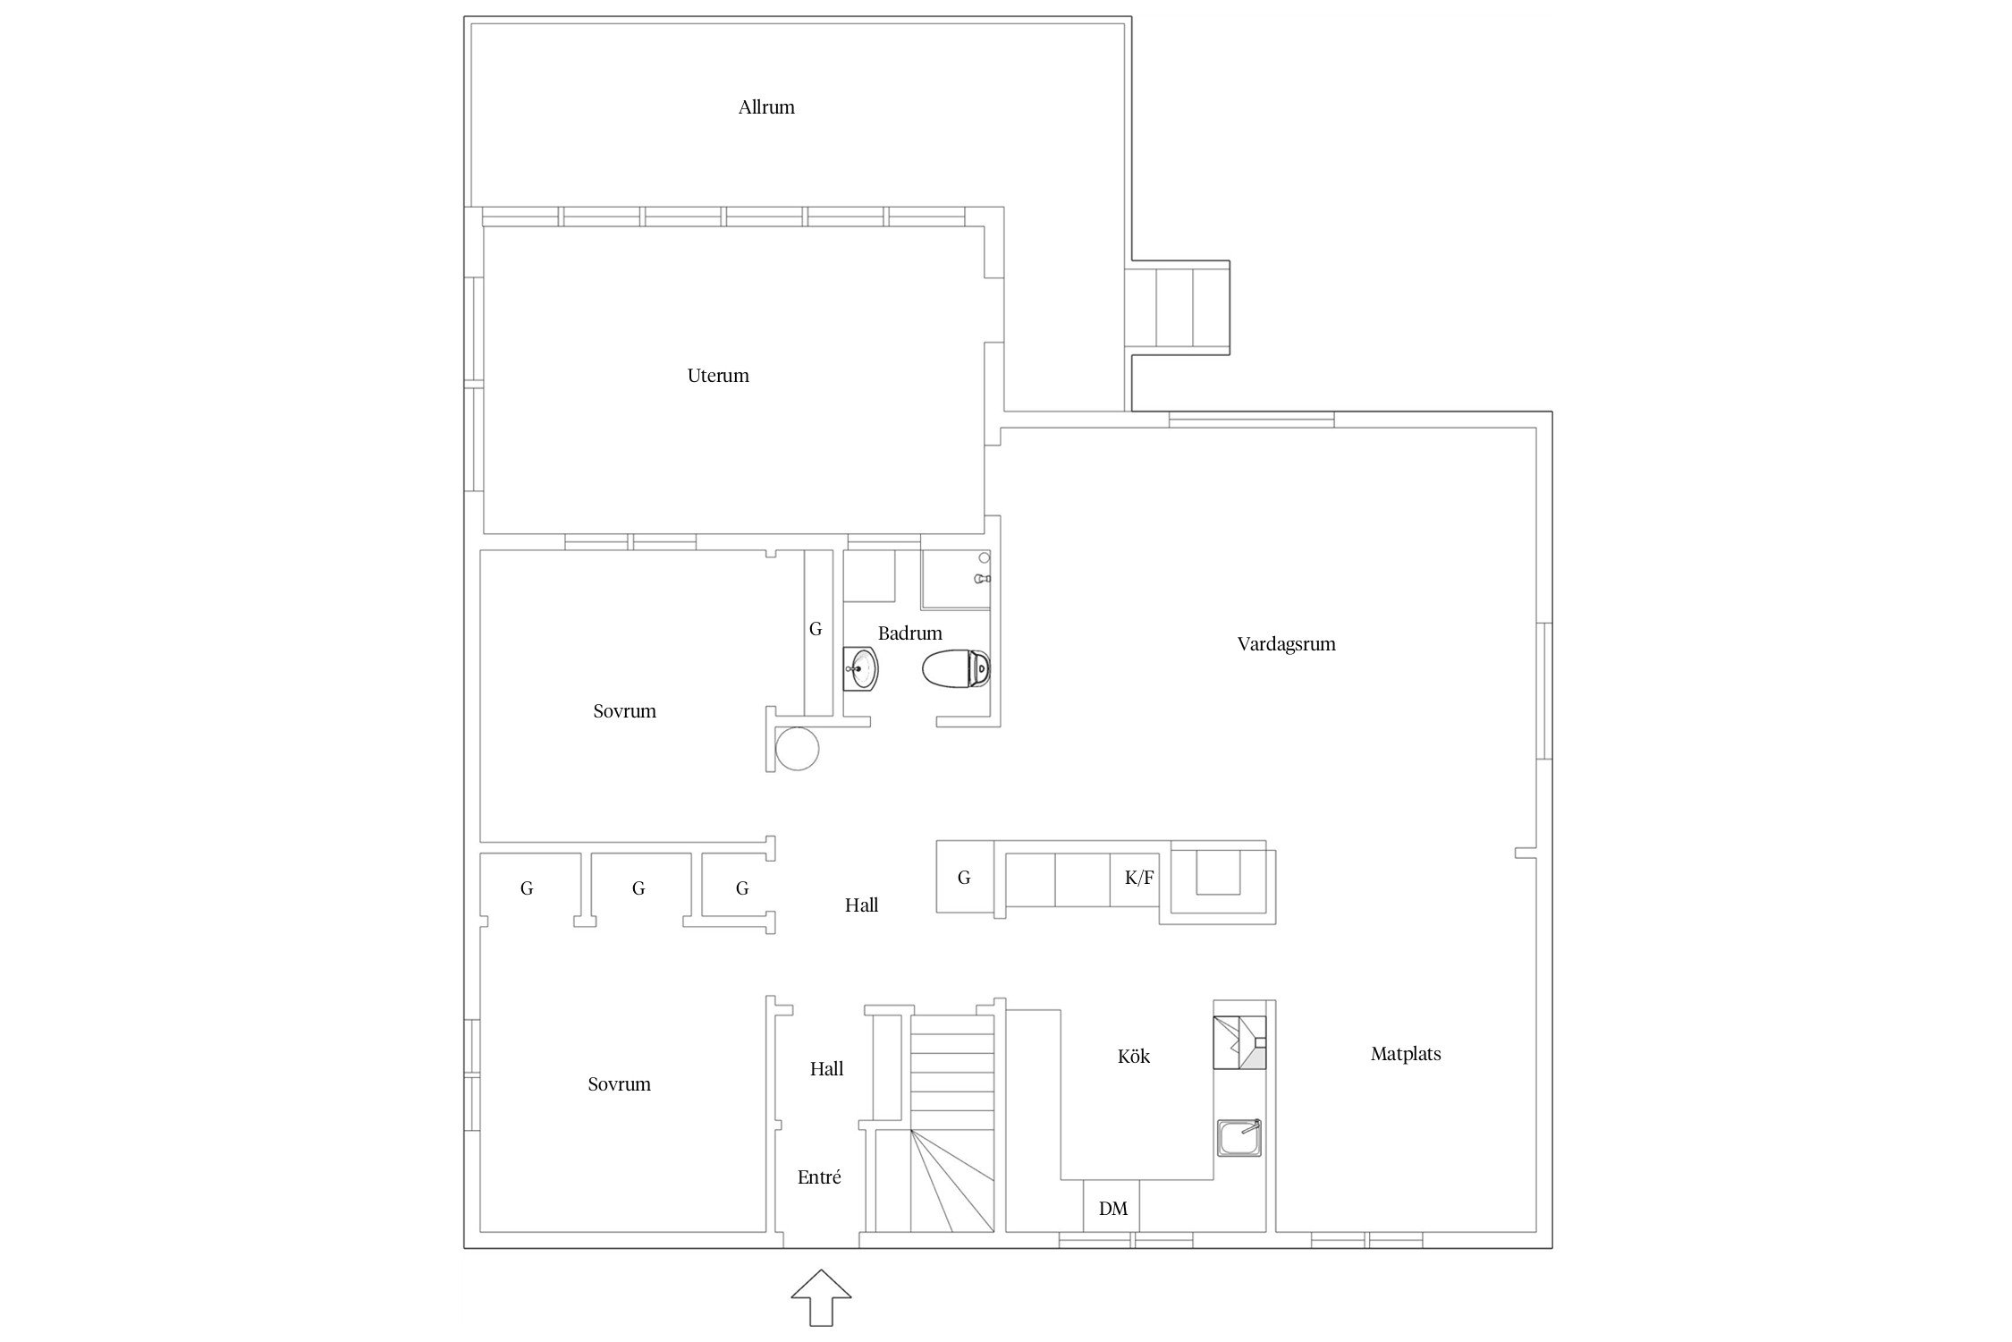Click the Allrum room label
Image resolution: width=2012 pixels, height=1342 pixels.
[x=766, y=107]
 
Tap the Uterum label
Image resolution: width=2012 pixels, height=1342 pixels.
[x=718, y=376]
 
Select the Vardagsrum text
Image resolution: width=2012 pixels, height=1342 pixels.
[x=1286, y=644]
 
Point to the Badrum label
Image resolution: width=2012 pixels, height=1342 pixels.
[x=909, y=633]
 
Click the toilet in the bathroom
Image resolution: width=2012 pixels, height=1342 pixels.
[x=956, y=668]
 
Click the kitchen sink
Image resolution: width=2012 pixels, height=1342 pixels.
[x=1239, y=1138]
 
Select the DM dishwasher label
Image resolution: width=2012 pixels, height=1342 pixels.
[x=1112, y=1209]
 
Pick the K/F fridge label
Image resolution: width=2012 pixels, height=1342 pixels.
[x=1138, y=878]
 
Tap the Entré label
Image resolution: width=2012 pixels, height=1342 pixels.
[x=819, y=1177]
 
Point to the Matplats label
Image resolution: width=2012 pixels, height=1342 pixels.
[x=1406, y=1054]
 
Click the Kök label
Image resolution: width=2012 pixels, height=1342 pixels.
[x=1133, y=1057]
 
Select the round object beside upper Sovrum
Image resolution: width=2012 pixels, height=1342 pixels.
[x=798, y=748]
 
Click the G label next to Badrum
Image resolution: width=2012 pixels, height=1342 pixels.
[x=816, y=629]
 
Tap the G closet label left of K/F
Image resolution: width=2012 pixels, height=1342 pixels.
[x=964, y=878]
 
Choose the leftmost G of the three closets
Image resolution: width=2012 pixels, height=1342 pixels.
[x=527, y=888]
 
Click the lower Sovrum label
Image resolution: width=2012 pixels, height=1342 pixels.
[x=619, y=1084]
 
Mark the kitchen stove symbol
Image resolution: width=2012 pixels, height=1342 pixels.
[x=1239, y=1042]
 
